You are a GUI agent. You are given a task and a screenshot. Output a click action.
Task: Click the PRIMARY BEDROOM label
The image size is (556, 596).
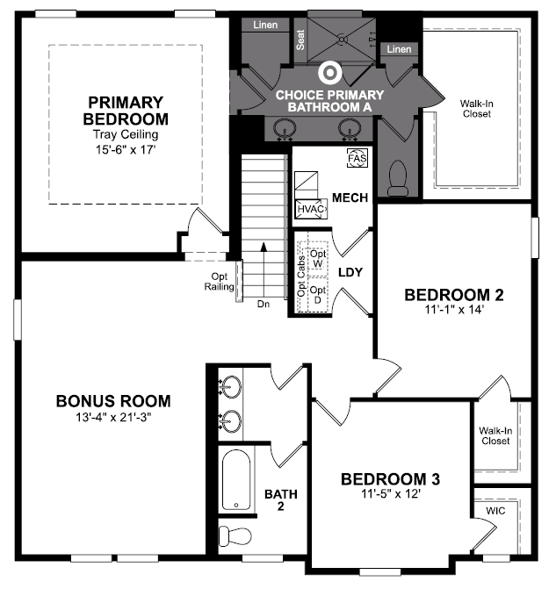(x=126, y=111)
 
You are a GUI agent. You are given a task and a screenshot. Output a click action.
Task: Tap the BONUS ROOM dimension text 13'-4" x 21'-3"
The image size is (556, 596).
(x=113, y=417)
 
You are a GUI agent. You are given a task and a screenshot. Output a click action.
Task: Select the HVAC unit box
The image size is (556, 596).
(x=312, y=209)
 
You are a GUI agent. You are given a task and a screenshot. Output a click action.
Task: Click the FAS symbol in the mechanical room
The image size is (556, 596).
(x=357, y=158)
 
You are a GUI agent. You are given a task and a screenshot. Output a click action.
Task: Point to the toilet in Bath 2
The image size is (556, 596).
(x=235, y=536)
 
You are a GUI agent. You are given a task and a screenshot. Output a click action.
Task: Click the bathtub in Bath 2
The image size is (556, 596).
(x=236, y=479)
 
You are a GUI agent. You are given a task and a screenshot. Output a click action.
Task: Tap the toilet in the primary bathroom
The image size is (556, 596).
(x=398, y=178)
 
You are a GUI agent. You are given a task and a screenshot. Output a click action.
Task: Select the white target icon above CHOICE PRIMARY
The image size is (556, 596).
(x=329, y=72)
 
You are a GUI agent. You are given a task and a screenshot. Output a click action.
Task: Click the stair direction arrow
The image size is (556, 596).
(x=264, y=269)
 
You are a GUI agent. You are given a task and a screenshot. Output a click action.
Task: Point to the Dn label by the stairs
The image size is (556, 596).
(x=264, y=304)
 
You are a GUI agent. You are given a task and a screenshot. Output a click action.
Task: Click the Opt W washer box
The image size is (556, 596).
(x=318, y=258)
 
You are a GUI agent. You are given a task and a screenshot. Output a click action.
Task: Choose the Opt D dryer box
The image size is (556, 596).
(x=318, y=295)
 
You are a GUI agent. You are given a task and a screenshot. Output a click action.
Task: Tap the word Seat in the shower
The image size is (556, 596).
(x=300, y=39)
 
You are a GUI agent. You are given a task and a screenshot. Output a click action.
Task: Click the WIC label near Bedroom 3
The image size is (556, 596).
(x=495, y=511)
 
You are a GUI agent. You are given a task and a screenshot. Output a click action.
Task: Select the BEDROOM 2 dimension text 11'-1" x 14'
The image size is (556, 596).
(x=454, y=310)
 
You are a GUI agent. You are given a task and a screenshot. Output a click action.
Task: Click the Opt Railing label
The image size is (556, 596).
(x=219, y=281)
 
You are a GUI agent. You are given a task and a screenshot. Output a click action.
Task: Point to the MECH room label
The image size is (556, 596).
(x=350, y=197)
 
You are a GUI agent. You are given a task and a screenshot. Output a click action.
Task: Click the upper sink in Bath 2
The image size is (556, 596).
(x=230, y=386)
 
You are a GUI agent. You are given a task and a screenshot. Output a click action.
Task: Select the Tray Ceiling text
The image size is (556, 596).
(x=126, y=134)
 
